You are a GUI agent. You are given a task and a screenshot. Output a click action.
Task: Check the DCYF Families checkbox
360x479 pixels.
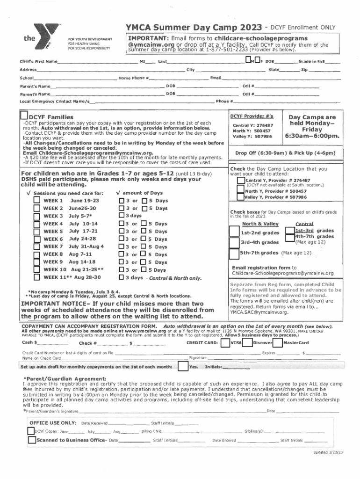click(23, 116)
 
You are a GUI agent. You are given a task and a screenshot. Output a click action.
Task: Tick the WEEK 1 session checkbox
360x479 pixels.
click(37, 200)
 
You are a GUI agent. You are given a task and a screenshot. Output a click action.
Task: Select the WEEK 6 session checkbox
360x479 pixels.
click(37, 239)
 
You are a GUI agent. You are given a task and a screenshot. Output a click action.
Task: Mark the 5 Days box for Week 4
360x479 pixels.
click(144, 224)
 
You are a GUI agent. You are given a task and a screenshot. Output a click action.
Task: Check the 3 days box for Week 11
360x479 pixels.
click(122, 277)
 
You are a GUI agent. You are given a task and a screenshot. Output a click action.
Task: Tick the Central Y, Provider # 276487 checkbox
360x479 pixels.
click(240, 181)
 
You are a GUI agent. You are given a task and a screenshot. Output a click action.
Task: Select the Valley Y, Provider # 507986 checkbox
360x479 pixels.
click(240, 197)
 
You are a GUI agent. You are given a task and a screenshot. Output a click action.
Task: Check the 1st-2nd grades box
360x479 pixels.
click(233, 232)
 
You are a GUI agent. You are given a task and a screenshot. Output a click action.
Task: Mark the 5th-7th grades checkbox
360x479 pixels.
click(233, 253)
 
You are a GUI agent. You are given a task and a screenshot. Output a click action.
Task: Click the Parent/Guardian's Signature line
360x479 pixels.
click(171, 411)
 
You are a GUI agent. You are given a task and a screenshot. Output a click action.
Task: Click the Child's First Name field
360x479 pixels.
click(96, 62)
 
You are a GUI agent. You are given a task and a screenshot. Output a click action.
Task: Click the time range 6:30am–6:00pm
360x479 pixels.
click(312, 136)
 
